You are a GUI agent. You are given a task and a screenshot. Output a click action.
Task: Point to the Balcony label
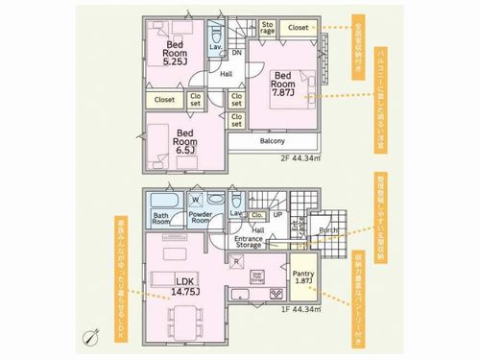click(272, 140)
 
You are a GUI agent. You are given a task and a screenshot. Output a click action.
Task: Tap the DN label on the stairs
click(236, 54)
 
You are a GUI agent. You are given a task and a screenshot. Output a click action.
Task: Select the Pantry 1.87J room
click(303, 278)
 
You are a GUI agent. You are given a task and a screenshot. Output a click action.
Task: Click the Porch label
click(327, 229)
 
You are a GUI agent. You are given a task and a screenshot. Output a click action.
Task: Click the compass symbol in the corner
click(91, 337)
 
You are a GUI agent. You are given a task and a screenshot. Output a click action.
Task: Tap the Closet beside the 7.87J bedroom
click(299, 28)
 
